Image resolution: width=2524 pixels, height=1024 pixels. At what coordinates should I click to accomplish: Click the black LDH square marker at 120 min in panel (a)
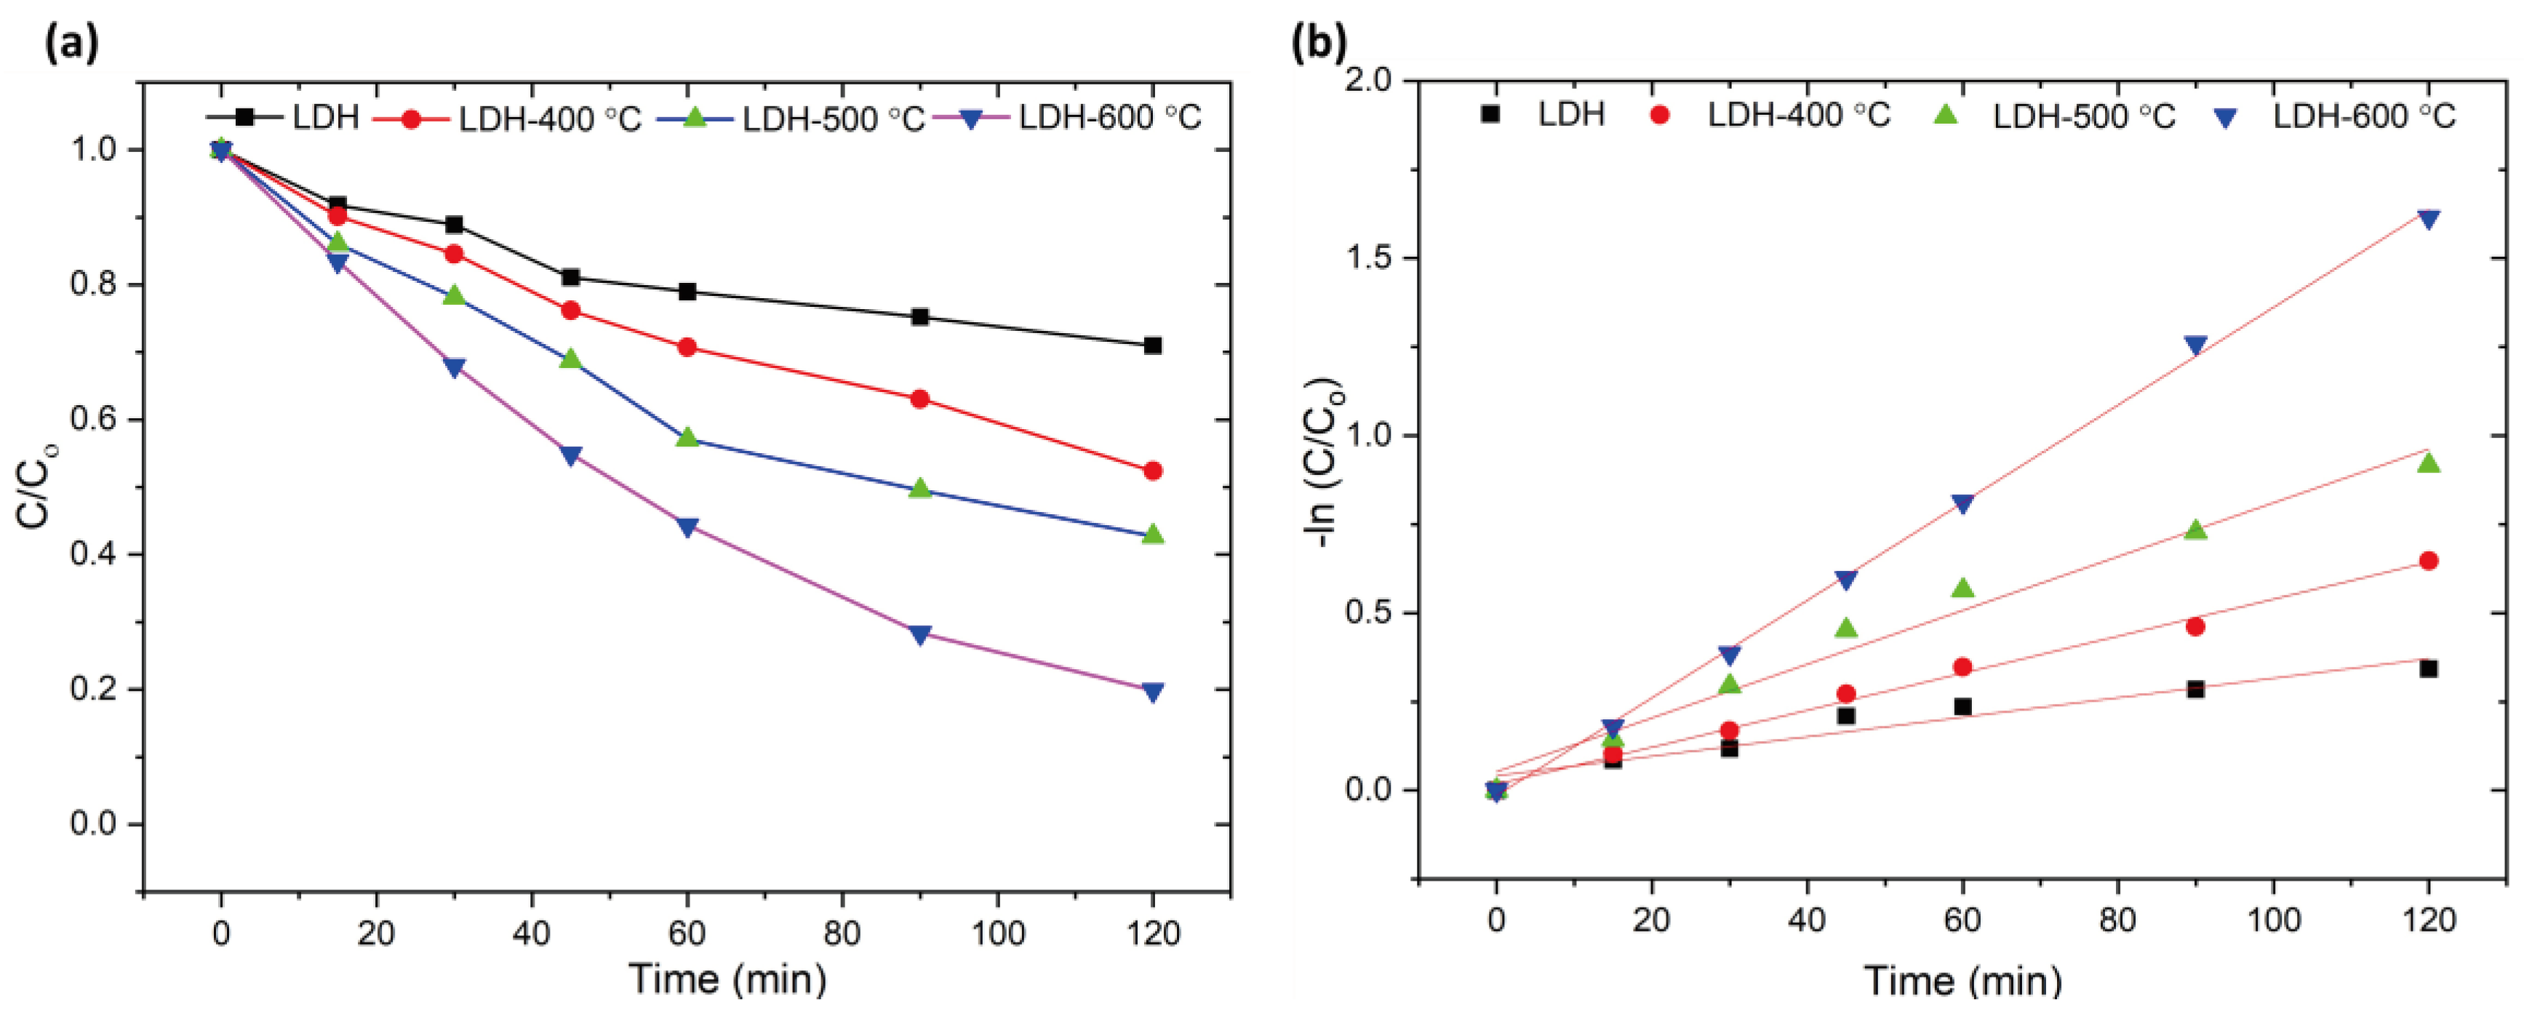tap(1152, 346)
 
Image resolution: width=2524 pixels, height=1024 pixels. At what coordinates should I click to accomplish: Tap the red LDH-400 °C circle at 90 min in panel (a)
tap(919, 399)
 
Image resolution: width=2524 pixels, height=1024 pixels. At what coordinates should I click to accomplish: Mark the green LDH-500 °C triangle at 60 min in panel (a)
tap(687, 437)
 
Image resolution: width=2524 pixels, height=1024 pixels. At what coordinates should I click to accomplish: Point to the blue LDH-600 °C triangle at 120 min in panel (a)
tap(1152, 692)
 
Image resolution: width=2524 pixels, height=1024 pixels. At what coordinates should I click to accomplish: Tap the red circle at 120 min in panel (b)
tap(2428, 561)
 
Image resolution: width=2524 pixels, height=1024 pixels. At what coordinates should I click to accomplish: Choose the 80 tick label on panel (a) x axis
tap(842, 933)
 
